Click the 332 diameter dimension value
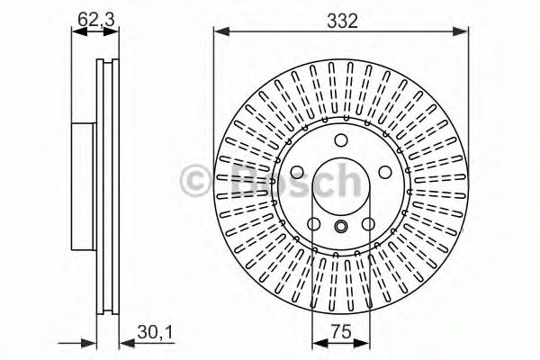point(341,20)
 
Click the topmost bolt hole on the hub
point(341,140)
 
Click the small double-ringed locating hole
point(341,226)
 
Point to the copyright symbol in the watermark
point(194,180)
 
